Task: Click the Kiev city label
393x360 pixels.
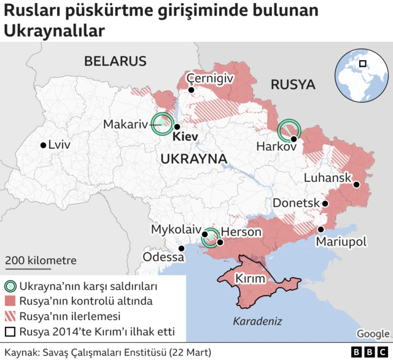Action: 185,136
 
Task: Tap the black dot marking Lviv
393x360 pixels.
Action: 43,146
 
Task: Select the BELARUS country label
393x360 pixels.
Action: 115,61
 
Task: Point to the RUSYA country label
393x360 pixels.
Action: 293,84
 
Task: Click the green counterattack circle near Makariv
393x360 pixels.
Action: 163,124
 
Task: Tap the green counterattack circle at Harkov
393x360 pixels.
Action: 289,130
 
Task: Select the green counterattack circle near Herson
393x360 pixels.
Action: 211,237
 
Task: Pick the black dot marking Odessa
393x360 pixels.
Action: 181,248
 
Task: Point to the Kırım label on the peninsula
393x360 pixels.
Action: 251,279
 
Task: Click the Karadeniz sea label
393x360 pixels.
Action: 257,321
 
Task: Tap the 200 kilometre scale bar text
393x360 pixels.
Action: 41,260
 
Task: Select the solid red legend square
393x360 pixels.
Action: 10,302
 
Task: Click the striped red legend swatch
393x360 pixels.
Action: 10,317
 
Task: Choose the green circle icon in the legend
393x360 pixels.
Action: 10,286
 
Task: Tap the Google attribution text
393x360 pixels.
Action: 373,334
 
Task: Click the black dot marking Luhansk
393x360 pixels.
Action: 356,184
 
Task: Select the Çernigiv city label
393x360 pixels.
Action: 210,78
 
